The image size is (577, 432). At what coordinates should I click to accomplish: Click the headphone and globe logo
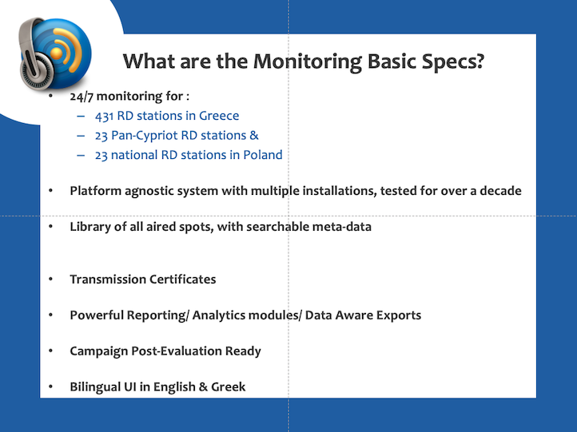55,54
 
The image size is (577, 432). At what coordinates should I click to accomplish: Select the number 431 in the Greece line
104,116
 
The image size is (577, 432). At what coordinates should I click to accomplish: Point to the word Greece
219,116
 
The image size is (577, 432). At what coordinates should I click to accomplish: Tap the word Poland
263,155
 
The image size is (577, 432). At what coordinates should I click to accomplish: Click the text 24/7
82,97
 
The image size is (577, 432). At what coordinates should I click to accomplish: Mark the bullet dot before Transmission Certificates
51,279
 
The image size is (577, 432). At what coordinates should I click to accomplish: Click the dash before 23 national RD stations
81,155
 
